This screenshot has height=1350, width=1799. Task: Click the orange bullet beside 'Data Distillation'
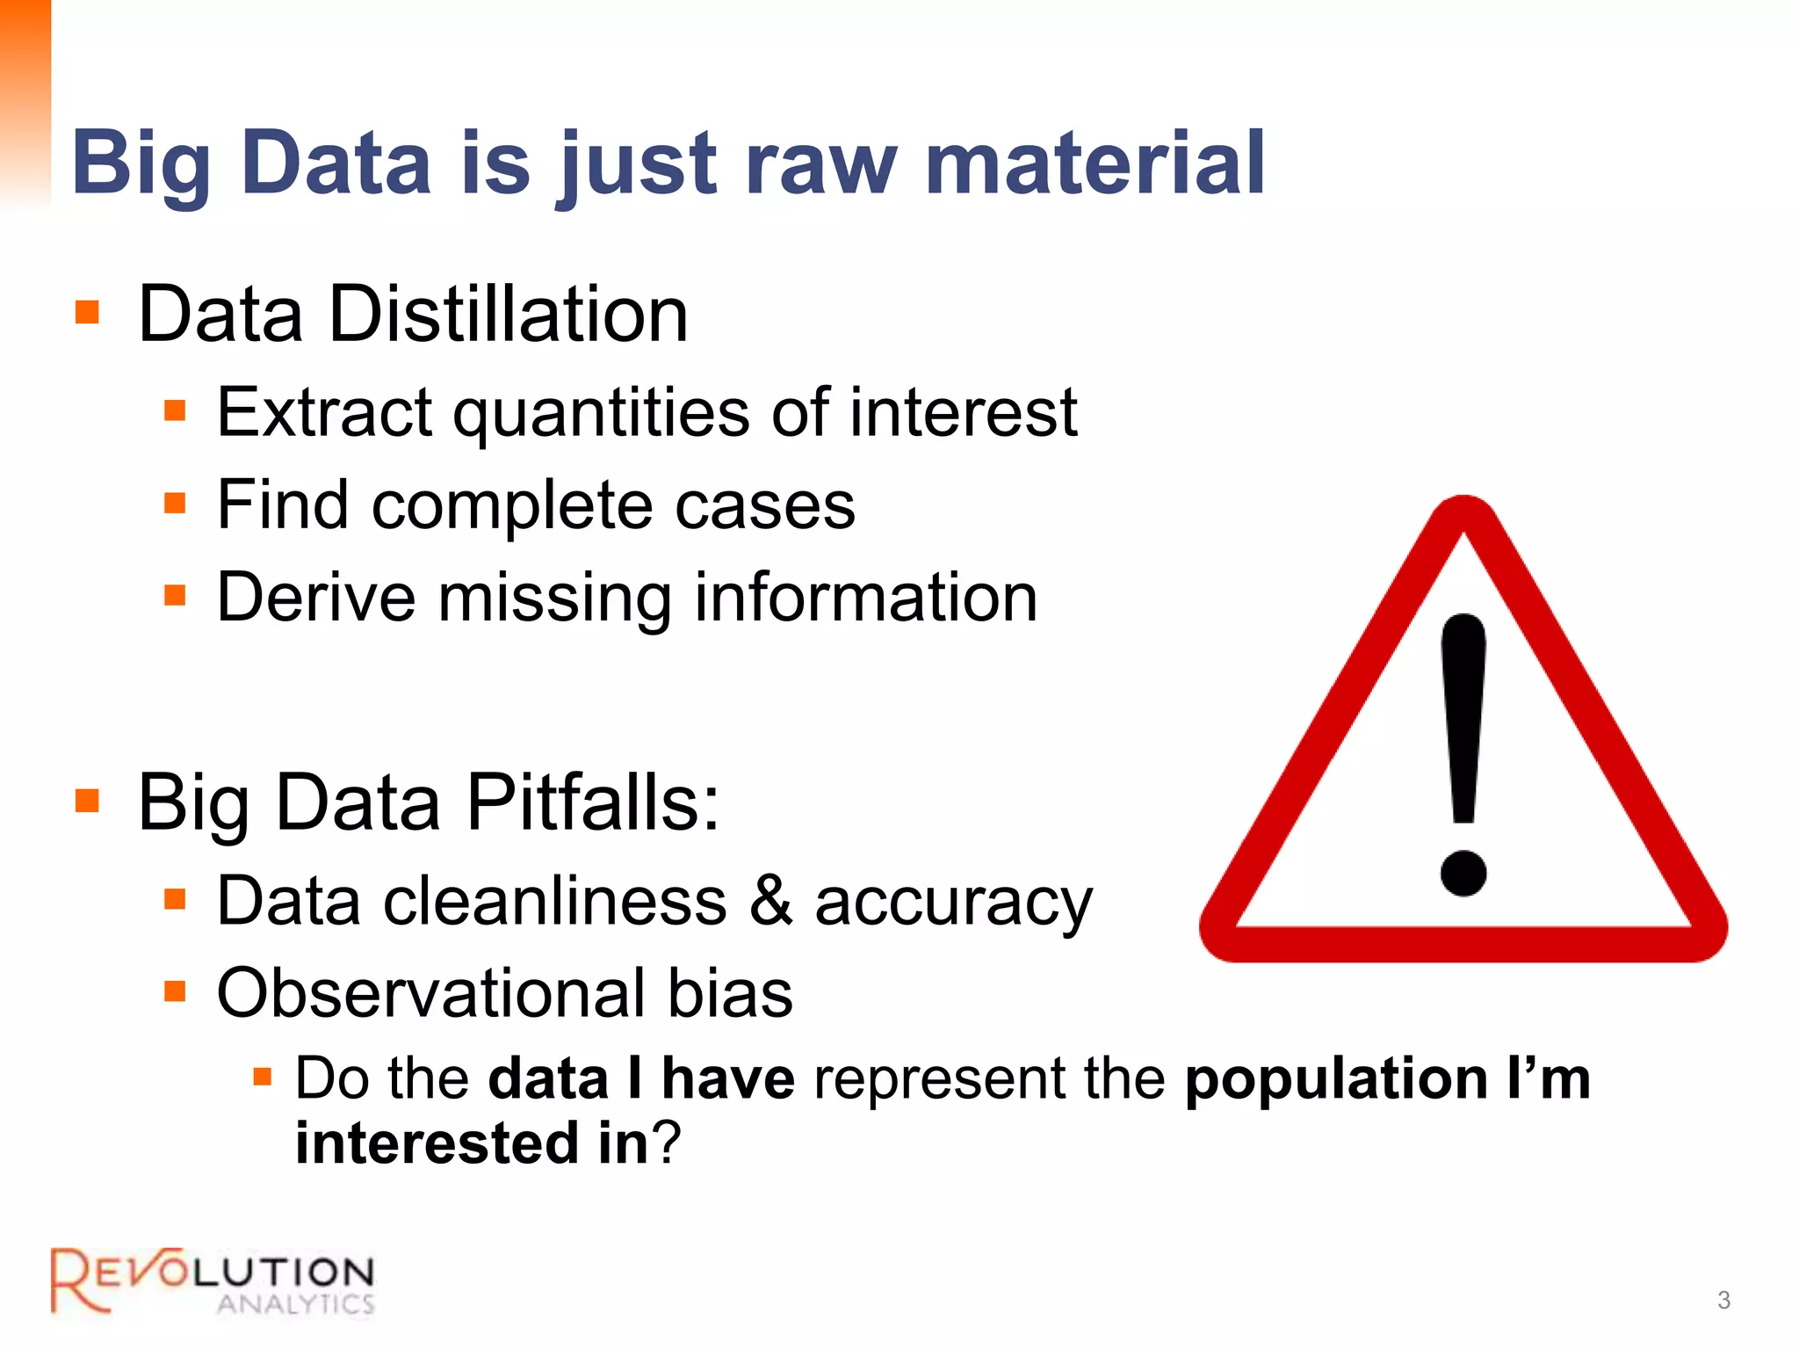pos(87,312)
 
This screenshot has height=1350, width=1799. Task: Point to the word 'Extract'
pos(324,412)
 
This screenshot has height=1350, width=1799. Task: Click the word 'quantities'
pos(601,414)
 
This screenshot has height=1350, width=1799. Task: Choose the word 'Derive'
pos(315,598)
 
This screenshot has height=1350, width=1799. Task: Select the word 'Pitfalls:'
pos(593,802)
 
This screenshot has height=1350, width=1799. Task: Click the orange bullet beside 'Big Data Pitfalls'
pos(87,801)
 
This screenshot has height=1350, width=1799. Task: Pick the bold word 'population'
pos(1335,1080)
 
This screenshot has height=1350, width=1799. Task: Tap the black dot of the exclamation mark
pos(1463,873)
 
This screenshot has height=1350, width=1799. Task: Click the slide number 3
pos(1723,1300)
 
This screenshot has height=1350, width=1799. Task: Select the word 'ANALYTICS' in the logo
pos(296,1303)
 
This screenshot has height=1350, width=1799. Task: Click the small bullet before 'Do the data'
pos(262,1077)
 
